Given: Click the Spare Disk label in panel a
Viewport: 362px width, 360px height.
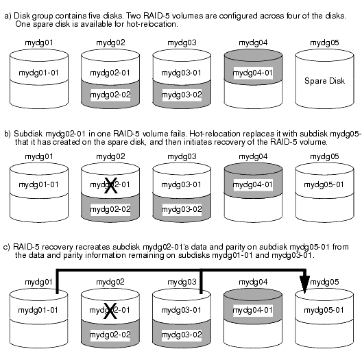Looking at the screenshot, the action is [x=324, y=81].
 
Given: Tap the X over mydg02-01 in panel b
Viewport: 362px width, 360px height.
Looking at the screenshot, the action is [x=111, y=185].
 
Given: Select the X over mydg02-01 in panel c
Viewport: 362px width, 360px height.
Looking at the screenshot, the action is [x=110, y=311].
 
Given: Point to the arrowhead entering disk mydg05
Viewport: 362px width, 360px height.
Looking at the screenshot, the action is [x=304, y=285].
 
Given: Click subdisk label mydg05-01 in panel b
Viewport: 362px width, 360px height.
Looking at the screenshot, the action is [x=324, y=184].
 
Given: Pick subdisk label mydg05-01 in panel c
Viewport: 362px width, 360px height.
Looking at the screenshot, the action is [x=324, y=310].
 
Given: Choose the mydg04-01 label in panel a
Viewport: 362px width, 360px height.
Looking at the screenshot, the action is [x=252, y=73].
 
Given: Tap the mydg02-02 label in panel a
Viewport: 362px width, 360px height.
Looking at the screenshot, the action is [x=110, y=95].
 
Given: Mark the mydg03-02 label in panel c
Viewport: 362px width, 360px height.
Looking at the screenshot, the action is [x=182, y=335].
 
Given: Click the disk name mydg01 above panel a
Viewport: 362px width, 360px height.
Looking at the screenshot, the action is [x=39, y=43].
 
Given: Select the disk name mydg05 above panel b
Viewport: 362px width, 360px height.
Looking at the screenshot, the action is [x=324, y=156].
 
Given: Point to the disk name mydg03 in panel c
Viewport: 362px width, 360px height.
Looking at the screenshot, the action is [x=182, y=282].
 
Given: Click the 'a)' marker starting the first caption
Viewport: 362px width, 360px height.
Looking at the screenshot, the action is [x=8, y=16].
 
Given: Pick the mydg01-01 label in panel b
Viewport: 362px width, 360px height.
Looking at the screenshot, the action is [x=38, y=184].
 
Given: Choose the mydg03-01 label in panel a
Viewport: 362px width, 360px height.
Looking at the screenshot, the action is [x=181, y=73].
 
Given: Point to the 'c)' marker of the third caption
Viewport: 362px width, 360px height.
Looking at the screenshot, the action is [x=7, y=247].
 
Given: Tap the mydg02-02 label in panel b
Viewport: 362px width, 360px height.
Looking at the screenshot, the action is [x=110, y=209].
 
